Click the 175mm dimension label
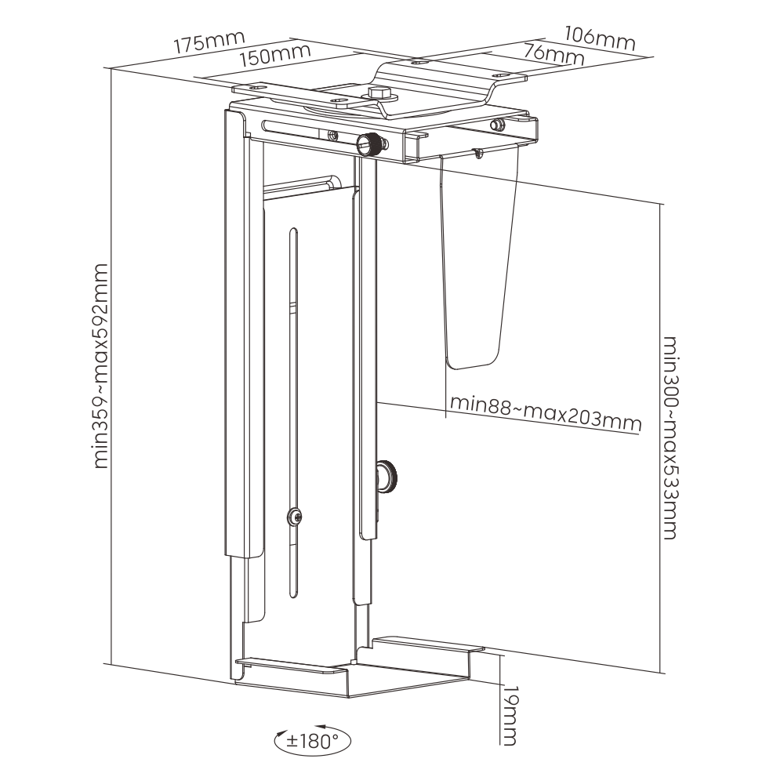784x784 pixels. [x=209, y=41]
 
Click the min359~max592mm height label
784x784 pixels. [x=100, y=367]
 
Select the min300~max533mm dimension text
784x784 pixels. [x=670, y=437]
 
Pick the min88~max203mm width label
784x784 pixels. [x=546, y=413]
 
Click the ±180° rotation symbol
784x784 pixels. [x=313, y=739]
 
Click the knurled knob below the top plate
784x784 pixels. [x=369, y=143]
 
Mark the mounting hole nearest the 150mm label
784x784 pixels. [x=252, y=89]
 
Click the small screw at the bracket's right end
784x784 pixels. [x=496, y=124]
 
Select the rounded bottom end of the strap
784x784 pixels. [x=472, y=363]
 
